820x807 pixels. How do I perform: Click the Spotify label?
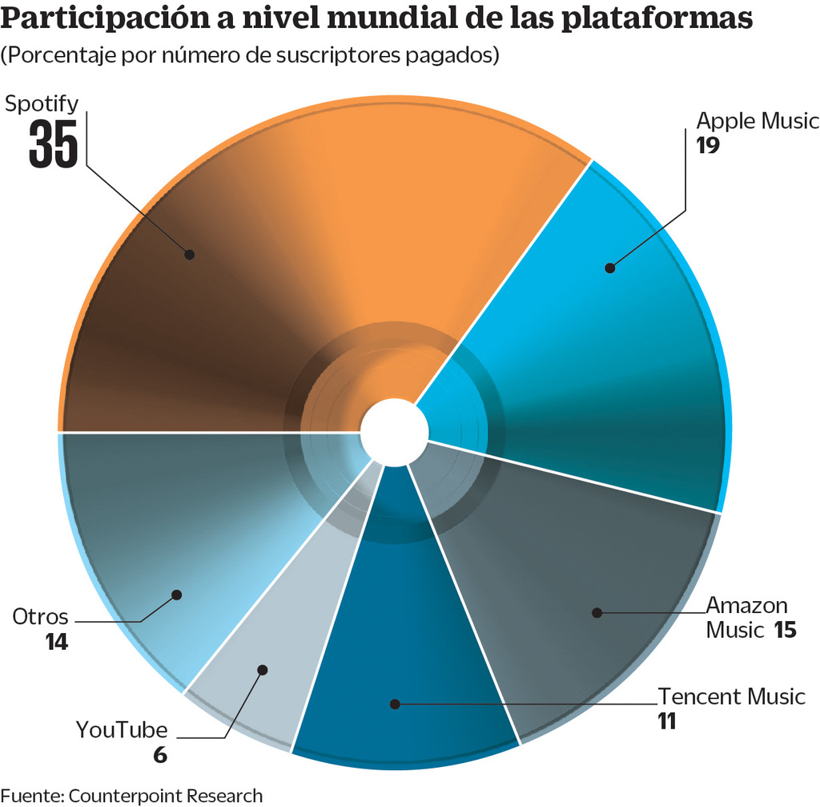42,104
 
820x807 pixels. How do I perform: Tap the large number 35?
54,145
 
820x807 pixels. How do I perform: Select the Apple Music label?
757,121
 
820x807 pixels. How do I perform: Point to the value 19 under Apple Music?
709,146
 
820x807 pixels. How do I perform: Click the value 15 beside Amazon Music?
785,630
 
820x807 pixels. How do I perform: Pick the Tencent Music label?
731,696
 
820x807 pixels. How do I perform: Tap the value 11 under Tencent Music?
667,721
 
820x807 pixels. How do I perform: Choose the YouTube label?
122,730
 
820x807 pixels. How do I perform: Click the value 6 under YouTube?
160,755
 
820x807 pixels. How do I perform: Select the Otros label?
40,618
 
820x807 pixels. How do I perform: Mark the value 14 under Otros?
56,643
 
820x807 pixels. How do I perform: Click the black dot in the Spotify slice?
190,254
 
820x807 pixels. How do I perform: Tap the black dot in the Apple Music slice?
609,268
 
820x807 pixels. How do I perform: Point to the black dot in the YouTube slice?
262,669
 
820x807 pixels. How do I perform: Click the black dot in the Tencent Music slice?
394,704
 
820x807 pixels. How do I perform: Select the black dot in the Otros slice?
177,595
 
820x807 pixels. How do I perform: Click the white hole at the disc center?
394,433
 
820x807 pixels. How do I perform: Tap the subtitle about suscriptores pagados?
251,56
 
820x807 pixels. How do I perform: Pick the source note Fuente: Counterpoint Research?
132,796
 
